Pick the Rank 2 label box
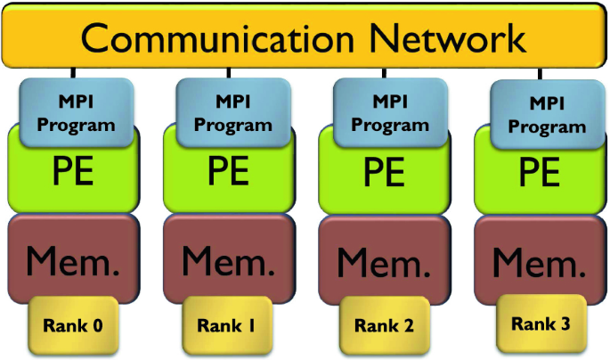[384, 325]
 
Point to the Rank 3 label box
[541, 323]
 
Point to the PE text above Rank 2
[384, 171]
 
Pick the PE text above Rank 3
[540, 171]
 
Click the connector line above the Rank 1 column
[230, 71]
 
